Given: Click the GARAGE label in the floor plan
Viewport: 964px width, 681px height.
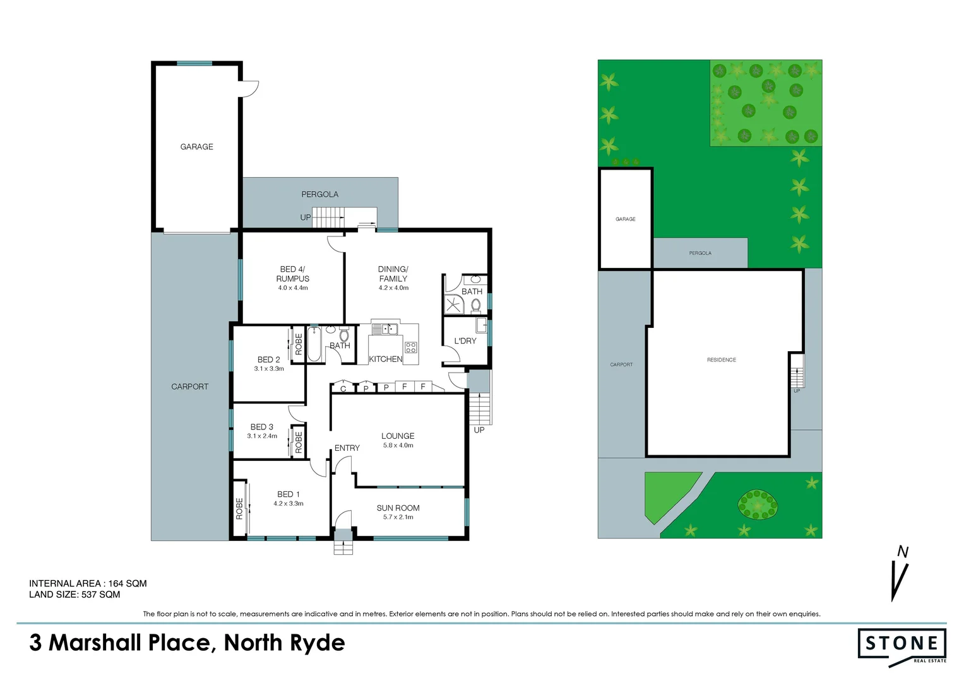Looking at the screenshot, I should [196, 147].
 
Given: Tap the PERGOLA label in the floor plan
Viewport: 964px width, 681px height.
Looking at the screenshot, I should [319, 194].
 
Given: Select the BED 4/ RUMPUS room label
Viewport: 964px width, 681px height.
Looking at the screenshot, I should [293, 274].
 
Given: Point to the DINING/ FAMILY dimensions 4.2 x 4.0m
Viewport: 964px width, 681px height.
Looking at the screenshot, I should [393, 288].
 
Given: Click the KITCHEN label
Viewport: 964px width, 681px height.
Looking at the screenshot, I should [385, 359].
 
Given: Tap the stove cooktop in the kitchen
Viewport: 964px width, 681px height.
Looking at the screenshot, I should [410, 347].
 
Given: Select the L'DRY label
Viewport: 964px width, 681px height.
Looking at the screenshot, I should [465, 340].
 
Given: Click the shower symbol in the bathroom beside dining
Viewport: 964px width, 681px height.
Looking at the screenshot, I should [453, 305].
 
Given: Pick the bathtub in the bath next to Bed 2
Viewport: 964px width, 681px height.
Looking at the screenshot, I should [314, 344].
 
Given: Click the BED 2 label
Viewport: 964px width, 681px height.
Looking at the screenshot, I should [268, 359].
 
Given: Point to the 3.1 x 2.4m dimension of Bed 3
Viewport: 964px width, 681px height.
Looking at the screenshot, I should [262, 436].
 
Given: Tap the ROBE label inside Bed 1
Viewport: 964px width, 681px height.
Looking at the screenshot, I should [239, 508].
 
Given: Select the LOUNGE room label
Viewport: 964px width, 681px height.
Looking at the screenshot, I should [398, 436].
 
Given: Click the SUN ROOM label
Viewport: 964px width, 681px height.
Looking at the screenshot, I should [398, 508].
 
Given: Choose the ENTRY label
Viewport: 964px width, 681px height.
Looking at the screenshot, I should [347, 448].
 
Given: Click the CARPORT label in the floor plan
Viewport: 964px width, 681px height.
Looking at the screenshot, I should [189, 387].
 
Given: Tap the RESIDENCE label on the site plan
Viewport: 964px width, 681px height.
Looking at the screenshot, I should [721, 360].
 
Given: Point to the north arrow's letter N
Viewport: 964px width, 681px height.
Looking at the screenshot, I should [903, 552].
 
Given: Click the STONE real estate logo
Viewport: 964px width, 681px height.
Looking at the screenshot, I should [902, 644].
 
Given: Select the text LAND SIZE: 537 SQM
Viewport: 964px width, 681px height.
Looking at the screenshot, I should [74, 595].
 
